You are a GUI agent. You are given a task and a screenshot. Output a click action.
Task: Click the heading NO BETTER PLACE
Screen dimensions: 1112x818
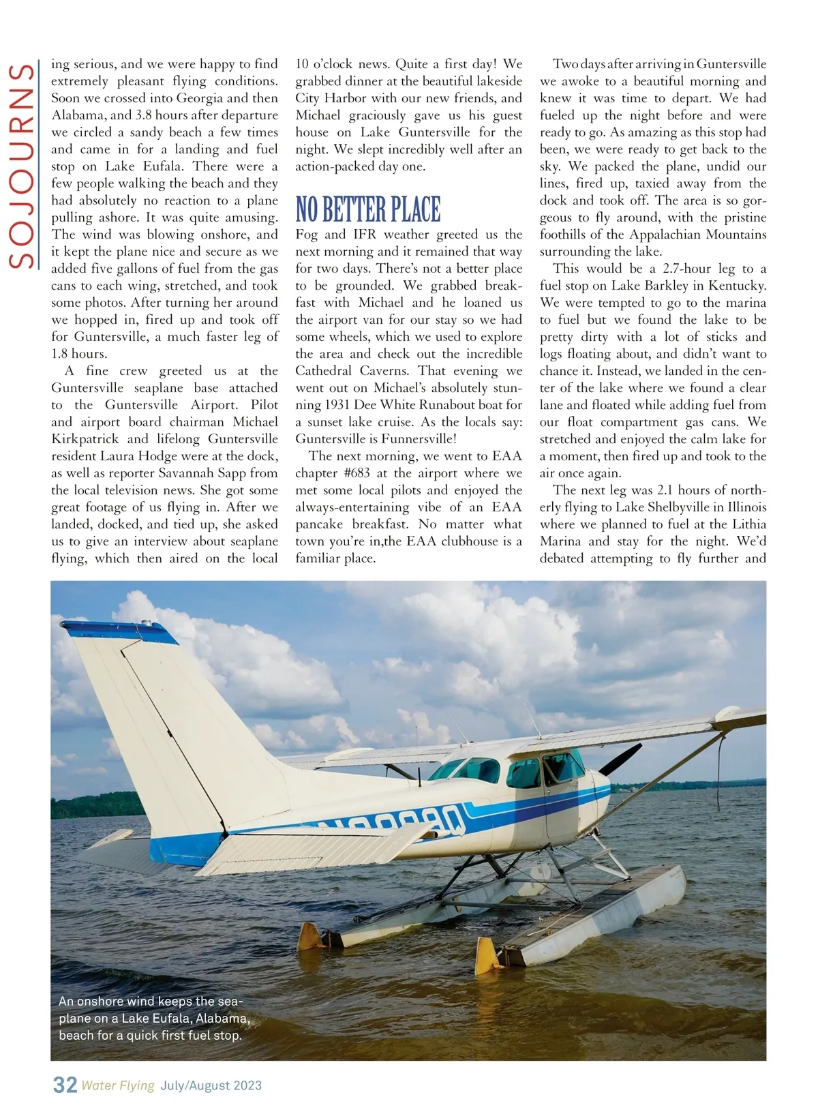(368, 209)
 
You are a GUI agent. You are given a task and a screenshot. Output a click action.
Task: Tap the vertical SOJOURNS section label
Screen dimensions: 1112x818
(23, 166)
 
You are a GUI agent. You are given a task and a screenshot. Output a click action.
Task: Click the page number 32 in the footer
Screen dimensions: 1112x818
(65, 1085)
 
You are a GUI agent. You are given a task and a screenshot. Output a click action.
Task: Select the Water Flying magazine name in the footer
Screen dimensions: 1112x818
(118, 1085)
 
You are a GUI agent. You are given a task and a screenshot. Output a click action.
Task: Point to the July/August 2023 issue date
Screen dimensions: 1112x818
(211, 1085)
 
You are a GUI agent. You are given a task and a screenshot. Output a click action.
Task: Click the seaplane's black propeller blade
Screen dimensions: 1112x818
(620, 758)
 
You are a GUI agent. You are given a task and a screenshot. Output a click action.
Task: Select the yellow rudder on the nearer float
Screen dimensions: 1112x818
(487, 955)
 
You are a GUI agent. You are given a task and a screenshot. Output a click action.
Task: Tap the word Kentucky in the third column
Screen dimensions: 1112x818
(736, 286)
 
